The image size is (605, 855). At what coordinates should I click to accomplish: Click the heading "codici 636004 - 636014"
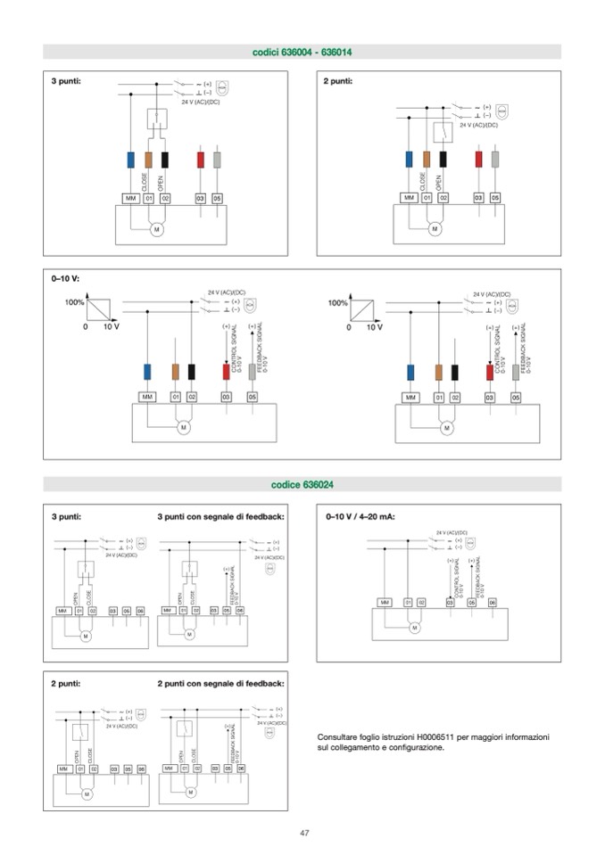[302, 53]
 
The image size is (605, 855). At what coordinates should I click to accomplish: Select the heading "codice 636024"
[302, 484]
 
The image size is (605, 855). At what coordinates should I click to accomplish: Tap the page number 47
[303, 833]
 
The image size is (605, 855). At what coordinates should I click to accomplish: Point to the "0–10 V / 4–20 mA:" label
[361, 516]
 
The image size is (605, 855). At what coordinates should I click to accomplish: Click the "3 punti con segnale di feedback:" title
[220, 516]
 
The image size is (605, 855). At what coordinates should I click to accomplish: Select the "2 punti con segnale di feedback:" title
[220, 684]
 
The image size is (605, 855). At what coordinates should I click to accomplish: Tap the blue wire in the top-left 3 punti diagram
[131, 160]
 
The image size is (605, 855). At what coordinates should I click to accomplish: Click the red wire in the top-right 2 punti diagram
[478, 159]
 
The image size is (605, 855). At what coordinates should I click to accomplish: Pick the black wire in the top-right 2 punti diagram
[443, 159]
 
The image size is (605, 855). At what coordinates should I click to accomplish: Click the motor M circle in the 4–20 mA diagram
[414, 628]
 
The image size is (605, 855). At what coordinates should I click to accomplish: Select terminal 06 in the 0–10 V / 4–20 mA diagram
[492, 603]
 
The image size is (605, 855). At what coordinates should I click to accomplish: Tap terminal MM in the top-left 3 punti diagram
[131, 198]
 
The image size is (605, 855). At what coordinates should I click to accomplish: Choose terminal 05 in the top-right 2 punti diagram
[495, 197]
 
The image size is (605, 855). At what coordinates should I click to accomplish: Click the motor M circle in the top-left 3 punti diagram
[157, 230]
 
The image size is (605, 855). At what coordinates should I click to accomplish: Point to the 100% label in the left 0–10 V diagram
[74, 302]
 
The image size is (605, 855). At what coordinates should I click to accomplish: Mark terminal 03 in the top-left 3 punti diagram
[201, 198]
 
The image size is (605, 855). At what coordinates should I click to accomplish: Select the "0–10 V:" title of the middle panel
[65, 279]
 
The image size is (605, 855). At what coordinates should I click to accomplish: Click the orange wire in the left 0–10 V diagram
[175, 373]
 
